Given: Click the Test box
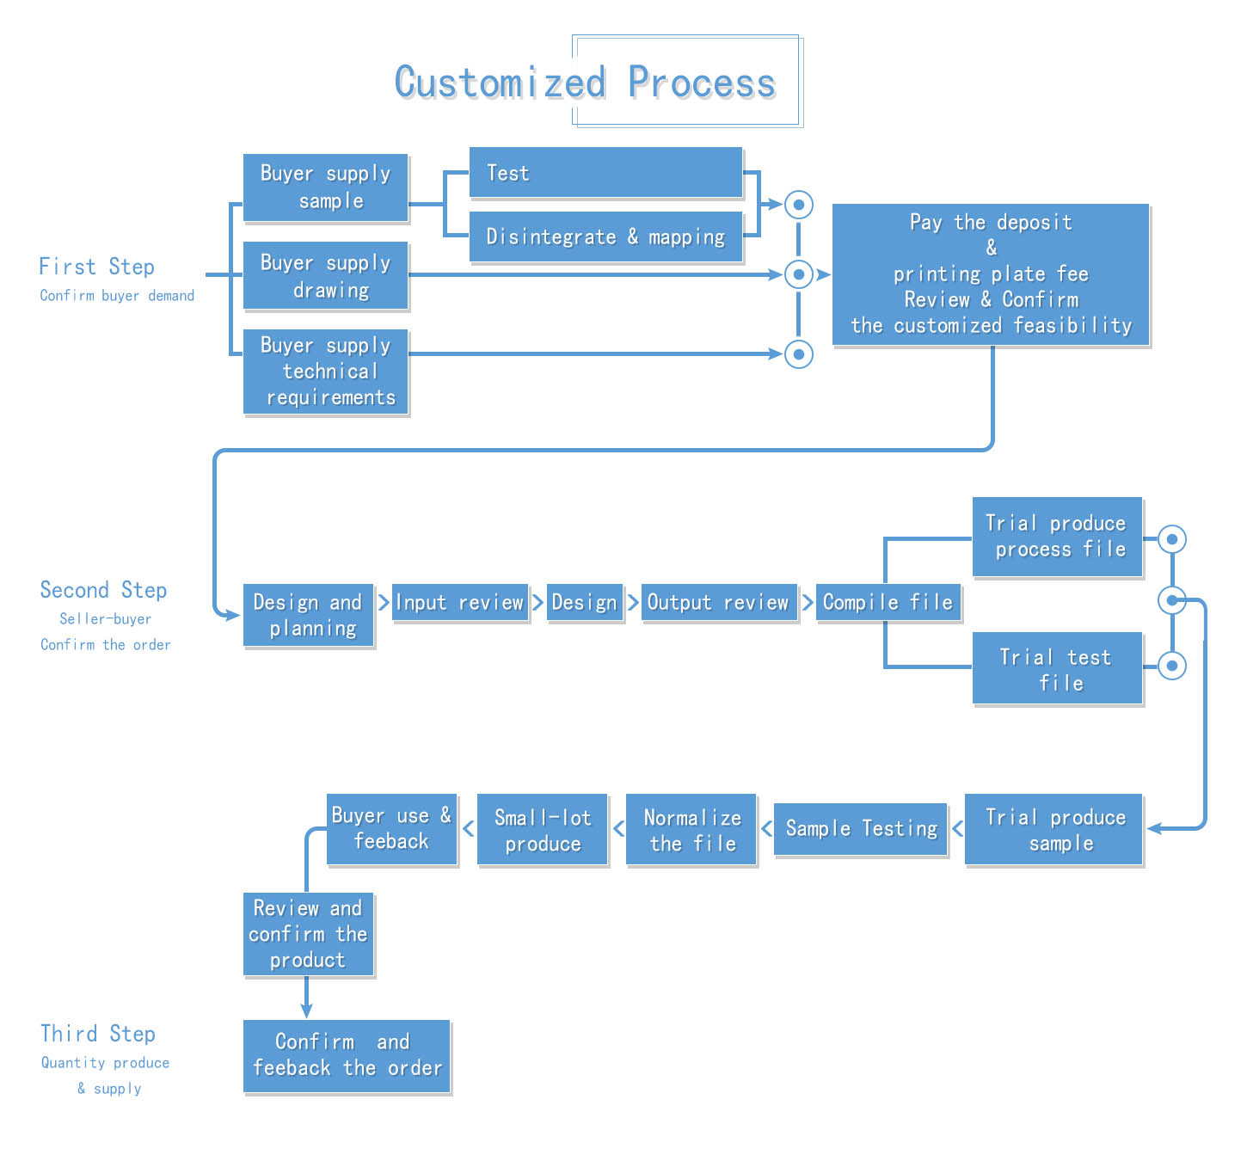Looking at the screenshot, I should pyautogui.click(x=605, y=173).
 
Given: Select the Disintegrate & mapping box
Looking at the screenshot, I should pyautogui.click(x=605, y=236).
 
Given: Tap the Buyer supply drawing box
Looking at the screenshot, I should pyautogui.click(x=325, y=276).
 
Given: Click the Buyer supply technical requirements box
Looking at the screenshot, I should pyautogui.click(x=325, y=372).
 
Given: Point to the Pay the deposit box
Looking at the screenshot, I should pyautogui.click(x=991, y=274).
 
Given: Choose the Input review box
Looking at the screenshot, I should pyautogui.click(x=459, y=602).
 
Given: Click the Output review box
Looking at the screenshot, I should pyautogui.click(x=718, y=602).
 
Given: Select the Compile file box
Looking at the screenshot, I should pyautogui.click(x=888, y=602).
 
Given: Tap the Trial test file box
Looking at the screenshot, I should pyautogui.click(x=1057, y=669).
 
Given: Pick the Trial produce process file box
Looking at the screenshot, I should pyautogui.click(x=1057, y=537).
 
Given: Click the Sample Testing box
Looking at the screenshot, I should pyautogui.click(x=861, y=829).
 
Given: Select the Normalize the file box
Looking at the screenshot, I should pyautogui.click(x=691, y=830).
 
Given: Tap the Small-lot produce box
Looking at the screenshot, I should pyautogui.click(x=543, y=830).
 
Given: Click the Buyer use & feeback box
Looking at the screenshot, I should pyautogui.click(x=391, y=829).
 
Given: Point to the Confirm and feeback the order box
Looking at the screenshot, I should pyautogui.click(x=347, y=1055).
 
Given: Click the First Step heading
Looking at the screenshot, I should pyautogui.click(x=96, y=267).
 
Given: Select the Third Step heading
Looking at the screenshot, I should pyautogui.click(x=98, y=1034).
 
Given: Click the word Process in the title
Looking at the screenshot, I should pyautogui.click(x=701, y=83).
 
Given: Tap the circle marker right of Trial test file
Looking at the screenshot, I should pyautogui.click(x=1172, y=666).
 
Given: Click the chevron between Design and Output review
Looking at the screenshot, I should pyautogui.click(x=633, y=602).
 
